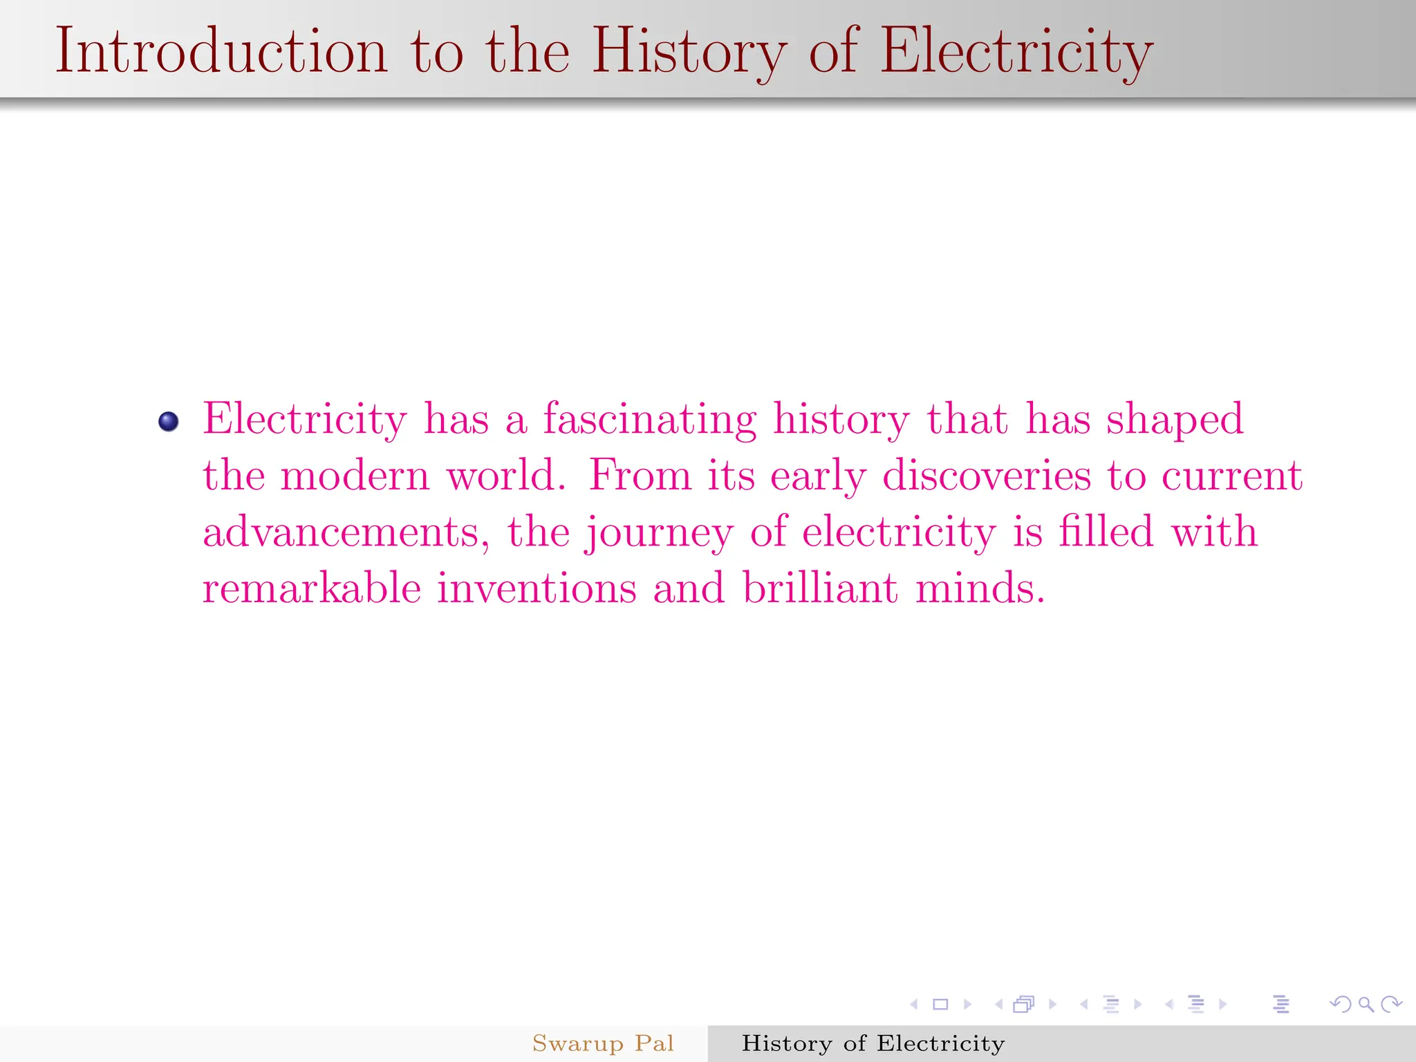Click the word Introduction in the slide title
tap(221, 51)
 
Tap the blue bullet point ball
tap(169, 421)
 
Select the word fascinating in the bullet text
tap(650, 420)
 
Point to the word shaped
tap(1175, 420)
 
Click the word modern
tap(355, 476)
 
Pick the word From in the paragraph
tap(640, 476)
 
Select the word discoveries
tap(987, 476)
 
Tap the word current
tap(1232, 476)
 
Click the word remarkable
tap(312, 588)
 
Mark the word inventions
tap(537, 588)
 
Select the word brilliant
tap(821, 588)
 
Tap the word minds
tap(979, 588)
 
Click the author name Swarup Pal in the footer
tap(603, 1043)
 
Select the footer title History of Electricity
tap(873, 1043)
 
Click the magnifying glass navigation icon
tap(1366, 1005)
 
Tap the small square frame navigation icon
tap(940, 1005)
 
